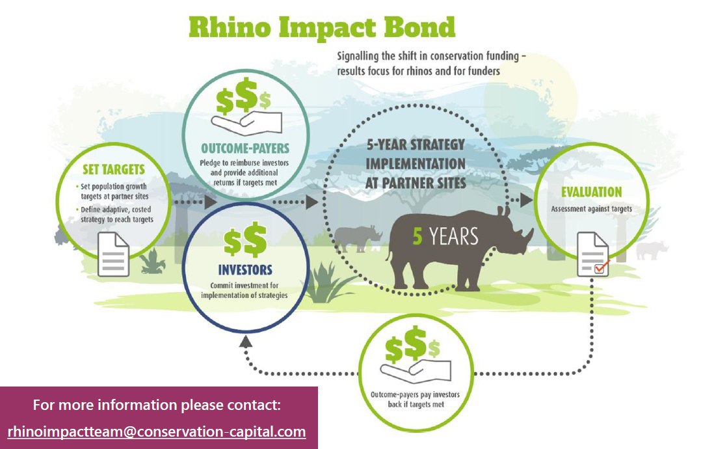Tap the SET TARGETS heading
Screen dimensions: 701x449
coord(114,169)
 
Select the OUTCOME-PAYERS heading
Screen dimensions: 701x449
coord(245,148)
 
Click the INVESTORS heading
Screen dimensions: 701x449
coord(245,269)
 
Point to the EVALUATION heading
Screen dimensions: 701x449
coord(592,193)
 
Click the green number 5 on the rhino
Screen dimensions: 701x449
coord(417,237)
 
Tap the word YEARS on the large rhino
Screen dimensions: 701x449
coord(453,237)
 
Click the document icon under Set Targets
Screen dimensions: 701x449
coord(114,254)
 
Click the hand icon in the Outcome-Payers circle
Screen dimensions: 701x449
coord(246,123)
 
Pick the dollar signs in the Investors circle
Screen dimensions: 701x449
coord(245,241)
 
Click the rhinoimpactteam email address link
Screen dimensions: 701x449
coord(157,431)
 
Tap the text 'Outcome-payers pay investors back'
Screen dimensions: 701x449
coord(415,400)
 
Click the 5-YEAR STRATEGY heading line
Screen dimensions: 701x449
coord(416,144)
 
